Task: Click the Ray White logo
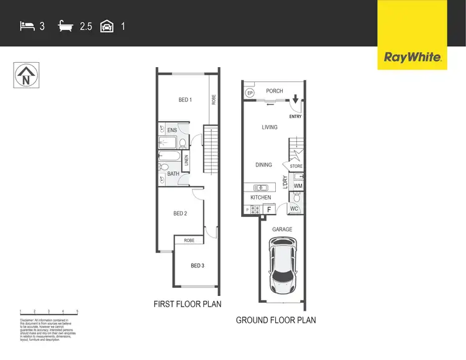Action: point(413,58)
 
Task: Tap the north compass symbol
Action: point(25,76)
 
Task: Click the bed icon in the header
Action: point(27,27)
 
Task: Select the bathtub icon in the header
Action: point(65,27)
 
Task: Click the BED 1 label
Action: point(185,100)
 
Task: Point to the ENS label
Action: point(172,130)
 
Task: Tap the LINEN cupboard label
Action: point(186,160)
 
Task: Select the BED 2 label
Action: point(180,214)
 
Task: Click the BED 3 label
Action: point(197,266)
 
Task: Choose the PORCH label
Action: point(275,91)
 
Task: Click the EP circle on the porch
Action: point(250,93)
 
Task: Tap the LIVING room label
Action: point(269,127)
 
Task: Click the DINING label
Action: point(264,165)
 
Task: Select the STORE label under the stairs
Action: point(296,166)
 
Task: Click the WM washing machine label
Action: point(298,186)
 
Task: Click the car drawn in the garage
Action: point(283,262)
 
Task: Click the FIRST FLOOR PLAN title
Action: point(188,305)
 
